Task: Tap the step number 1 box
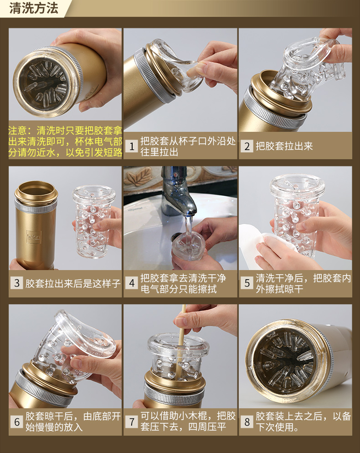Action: [132, 146]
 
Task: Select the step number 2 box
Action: [247, 146]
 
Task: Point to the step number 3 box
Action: [17, 283]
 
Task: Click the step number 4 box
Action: [132, 283]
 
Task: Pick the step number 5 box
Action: [247, 283]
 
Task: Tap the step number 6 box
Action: [17, 422]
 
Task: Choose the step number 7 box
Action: [132, 422]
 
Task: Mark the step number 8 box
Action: [247, 422]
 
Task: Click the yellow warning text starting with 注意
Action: [65, 141]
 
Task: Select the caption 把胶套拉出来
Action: [284, 146]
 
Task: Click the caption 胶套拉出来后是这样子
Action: [73, 283]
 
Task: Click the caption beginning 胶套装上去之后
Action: [303, 422]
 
